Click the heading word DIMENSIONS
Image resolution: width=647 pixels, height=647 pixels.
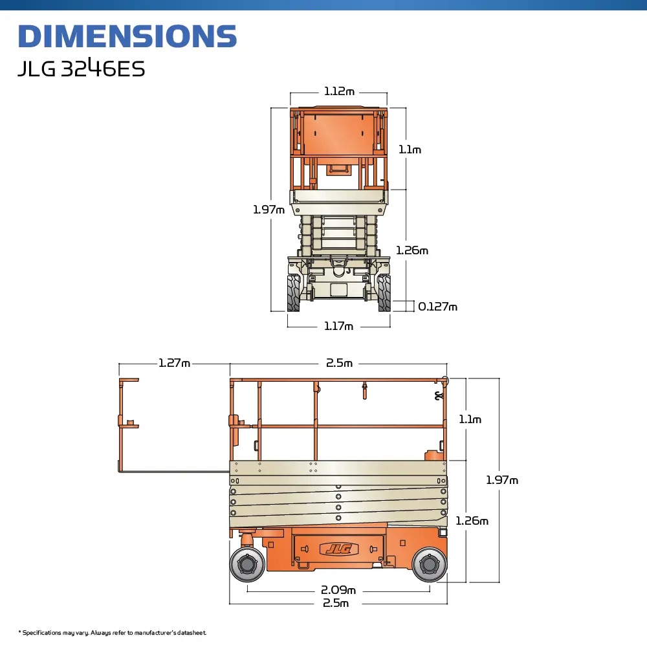pos(127,37)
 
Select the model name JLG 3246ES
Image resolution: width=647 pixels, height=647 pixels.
pos(81,69)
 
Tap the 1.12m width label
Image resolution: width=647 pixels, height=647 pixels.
pos(339,92)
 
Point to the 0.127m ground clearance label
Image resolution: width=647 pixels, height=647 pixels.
pos(437,307)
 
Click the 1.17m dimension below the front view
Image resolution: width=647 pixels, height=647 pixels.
pos(339,326)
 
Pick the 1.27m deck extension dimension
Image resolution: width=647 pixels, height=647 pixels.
pos(175,363)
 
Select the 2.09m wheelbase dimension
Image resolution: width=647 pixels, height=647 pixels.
pos(338,590)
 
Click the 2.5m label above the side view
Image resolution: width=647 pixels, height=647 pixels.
pos(339,363)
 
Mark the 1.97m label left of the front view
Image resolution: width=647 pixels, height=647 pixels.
pos(269,210)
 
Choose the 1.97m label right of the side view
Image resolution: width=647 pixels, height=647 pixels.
pos(502,480)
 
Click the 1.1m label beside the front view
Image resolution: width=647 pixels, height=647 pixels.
pos(410,149)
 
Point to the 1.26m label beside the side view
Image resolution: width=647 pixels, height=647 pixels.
pos(472,521)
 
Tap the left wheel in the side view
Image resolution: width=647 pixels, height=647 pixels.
pos(248,564)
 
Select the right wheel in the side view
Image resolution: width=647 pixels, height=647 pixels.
pos(429,564)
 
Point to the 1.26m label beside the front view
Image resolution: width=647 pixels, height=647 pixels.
pos(413,250)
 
